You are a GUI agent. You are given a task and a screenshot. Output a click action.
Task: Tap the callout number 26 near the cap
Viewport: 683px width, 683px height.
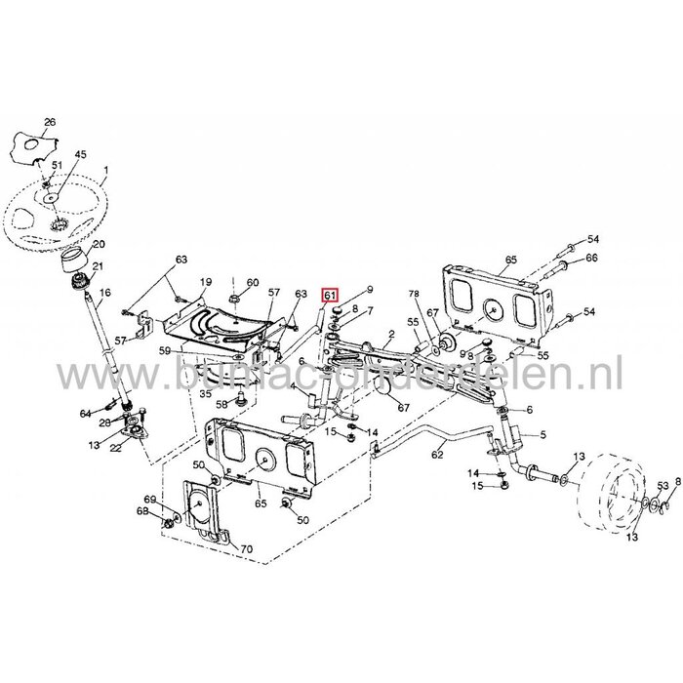pyautogui.click(x=50, y=122)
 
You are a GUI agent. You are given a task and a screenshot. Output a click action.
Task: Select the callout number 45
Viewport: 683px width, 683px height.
pyautogui.click(x=81, y=153)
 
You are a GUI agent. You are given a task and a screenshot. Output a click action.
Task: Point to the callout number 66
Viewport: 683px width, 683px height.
pyautogui.click(x=591, y=258)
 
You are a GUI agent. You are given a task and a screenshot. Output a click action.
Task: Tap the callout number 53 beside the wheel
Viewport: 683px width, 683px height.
pyautogui.click(x=663, y=484)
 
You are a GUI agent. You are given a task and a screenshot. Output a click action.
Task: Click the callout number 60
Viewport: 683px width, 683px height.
pyautogui.click(x=253, y=283)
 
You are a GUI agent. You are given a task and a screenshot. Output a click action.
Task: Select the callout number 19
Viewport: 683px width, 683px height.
pyautogui.click(x=205, y=282)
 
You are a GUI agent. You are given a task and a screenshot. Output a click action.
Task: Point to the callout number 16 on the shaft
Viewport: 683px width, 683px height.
pyautogui.click(x=104, y=293)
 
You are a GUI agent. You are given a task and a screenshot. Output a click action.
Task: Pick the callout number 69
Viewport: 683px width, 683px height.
pyautogui.click(x=150, y=499)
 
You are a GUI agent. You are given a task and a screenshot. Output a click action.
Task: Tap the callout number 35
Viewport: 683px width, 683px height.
pyautogui.click(x=204, y=394)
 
